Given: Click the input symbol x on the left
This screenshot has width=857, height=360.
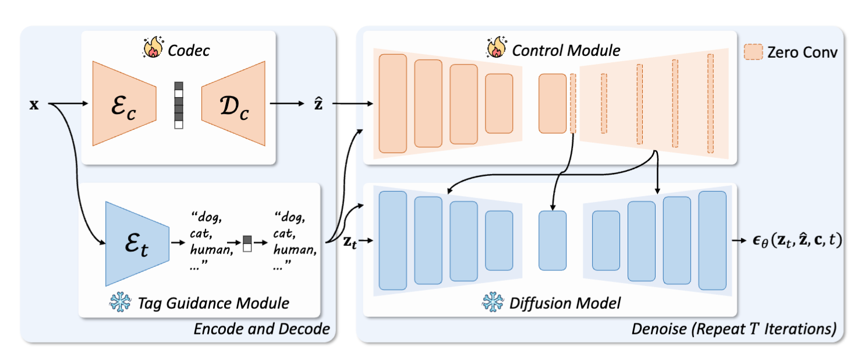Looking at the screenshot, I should click(34, 106).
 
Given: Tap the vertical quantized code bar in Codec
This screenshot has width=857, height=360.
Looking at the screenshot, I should click(179, 104).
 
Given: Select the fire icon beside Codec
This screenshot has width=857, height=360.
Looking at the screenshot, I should click(153, 50).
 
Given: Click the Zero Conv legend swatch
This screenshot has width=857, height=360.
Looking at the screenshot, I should click(753, 52).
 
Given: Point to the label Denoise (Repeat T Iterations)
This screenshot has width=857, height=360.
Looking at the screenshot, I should click(734, 329).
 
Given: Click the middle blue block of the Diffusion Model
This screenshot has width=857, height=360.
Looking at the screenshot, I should click(552, 240).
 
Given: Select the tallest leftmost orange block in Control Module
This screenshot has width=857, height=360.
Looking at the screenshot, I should click(392, 103).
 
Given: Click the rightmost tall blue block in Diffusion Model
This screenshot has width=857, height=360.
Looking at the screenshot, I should click(712, 240).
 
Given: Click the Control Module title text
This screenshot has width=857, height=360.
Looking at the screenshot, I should click(566, 51).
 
